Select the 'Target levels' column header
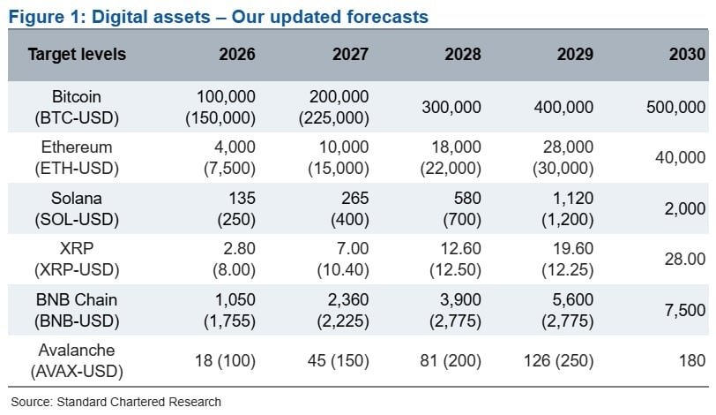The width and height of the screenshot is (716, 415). [77, 55]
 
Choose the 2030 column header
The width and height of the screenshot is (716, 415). [687, 55]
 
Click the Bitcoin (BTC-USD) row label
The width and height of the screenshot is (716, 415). [77, 107]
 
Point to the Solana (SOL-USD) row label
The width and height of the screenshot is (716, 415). [77, 208]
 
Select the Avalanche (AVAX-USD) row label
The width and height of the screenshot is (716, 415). [77, 360]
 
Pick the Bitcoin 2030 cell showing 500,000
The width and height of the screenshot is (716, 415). [675, 107]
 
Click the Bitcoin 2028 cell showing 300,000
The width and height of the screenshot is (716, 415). [451, 107]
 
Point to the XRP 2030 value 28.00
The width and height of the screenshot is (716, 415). [685, 259]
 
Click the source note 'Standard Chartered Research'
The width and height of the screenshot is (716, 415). [139, 402]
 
